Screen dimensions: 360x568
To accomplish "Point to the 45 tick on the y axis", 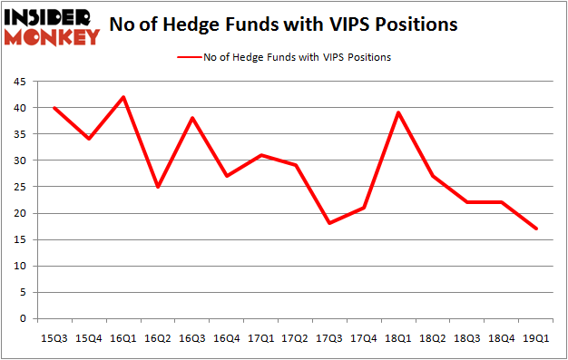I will [20, 83].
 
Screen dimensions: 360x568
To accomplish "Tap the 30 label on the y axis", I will [20, 161].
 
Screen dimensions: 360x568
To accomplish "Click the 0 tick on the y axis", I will [24, 319].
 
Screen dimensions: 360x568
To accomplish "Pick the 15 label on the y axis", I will [20, 240].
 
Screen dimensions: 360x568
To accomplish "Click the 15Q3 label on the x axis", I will [54, 337].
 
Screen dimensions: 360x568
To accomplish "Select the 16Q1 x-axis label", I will [123, 337].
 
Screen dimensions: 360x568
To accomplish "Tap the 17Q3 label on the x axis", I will [329, 337].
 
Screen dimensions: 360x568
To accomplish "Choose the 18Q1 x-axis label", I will [398, 337].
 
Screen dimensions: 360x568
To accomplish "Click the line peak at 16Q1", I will [123, 97].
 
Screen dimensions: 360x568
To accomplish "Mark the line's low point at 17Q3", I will [329, 223].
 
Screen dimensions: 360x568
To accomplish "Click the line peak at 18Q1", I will [398, 112].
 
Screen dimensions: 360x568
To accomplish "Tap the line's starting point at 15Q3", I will [54, 108].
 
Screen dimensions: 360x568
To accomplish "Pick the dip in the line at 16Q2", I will [158, 187].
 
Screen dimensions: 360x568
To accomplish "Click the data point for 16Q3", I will [192, 118].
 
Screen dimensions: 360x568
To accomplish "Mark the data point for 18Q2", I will [433, 176].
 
